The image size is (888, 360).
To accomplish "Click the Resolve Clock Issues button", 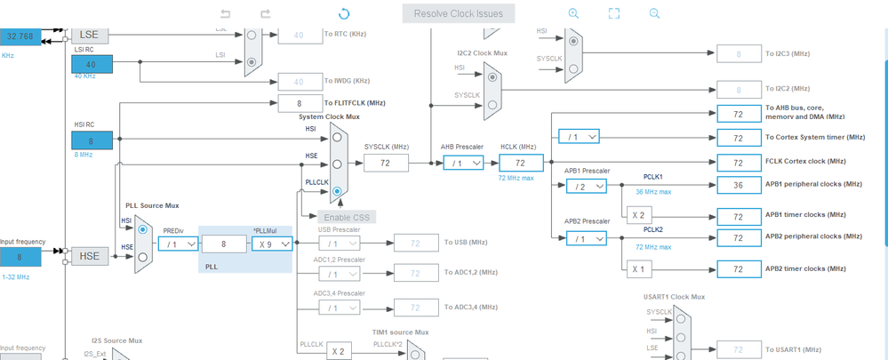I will pyautogui.click(x=458, y=13).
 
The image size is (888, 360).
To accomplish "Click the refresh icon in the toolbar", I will pyautogui.click(x=344, y=13).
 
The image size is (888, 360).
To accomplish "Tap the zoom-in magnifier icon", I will pyautogui.click(x=573, y=13).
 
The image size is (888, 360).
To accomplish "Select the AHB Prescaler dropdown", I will pyautogui.click(x=462, y=163).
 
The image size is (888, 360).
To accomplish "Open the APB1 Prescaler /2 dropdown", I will pyautogui.click(x=585, y=186).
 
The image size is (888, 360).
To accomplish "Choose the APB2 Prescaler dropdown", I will pyautogui.click(x=585, y=238).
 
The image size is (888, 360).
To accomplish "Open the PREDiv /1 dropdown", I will pyautogui.click(x=178, y=244).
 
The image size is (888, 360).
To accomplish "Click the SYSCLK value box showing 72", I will pyautogui.click(x=386, y=163).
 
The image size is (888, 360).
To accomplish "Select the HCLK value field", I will pyautogui.click(x=521, y=163).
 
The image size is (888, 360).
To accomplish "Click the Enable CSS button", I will pyautogui.click(x=347, y=217).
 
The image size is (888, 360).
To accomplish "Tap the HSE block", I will pyautogui.click(x=89, y=256).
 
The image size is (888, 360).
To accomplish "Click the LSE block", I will pyautogui.click(x=89, y=36).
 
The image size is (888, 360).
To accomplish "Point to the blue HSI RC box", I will pyautogui.click(x=92, y=140).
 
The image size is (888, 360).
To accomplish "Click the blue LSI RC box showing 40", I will pyautogui.click(x=92, y=64).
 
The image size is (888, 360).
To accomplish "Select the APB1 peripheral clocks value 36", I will pyautogui.click(x=738, y=186).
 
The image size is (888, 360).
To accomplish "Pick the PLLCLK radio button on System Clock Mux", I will pyautogui.click(x=337, y=190).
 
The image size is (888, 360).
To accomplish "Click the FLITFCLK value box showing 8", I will pyautogui.click(x=299, y=103).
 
